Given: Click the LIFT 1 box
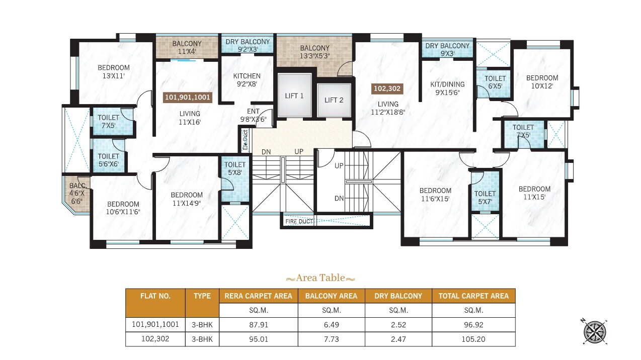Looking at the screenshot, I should (x=294, y=96).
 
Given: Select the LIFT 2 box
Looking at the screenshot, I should (x=334, y=100).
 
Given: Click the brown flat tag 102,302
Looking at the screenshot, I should (x=387, y=89).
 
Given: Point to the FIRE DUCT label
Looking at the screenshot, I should (x=299, y=221).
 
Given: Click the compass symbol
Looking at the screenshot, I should (x=594, y=332).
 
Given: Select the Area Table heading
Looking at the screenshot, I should (x=320, y=278).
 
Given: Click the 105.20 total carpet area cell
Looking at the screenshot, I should (x=473, y=339).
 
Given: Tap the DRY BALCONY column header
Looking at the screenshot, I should (x=398, y=296).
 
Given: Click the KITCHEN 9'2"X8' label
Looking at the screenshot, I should (x=247, y=80).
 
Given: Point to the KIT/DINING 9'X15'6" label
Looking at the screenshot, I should (x=447, y=88).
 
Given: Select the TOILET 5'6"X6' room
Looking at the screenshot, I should (x=108, y=159).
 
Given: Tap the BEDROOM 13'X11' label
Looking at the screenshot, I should (x=113, y=71).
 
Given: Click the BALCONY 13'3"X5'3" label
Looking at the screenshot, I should (x=314, y=52).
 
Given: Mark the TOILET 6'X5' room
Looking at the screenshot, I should (x=495, y=82).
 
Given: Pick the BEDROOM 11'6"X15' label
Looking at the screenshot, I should (x=435, y=194).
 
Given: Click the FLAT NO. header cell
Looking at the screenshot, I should (x=155, y=296).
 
